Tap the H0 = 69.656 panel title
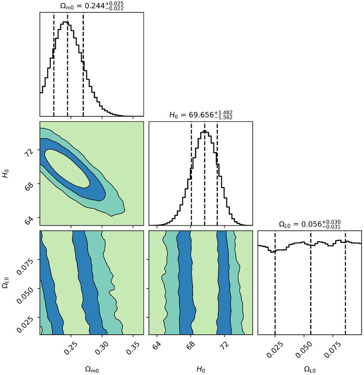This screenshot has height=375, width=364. point(200,114)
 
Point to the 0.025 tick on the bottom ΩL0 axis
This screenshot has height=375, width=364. point(274,348)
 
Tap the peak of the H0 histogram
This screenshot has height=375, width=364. point(205,131)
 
